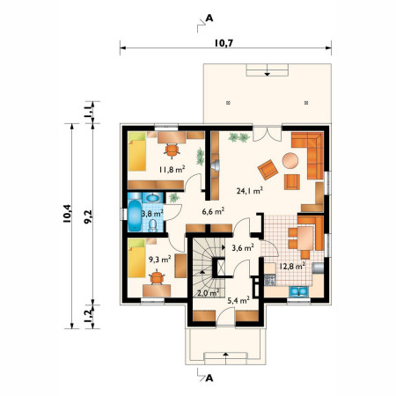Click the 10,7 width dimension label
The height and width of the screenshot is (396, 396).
[224, 43]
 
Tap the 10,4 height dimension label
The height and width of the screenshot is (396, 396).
[67, 214]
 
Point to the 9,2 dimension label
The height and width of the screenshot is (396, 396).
[88, 217]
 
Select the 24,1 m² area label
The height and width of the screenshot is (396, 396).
[249, 191]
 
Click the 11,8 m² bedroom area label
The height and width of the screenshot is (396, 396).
[172, 169]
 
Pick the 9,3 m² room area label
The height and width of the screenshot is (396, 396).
[160, 259]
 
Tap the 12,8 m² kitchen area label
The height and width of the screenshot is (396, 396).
[292, 266]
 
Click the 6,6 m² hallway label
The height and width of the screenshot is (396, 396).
[213, 211]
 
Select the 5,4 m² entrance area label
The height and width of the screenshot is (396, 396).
[238, 300]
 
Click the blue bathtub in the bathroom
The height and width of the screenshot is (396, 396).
[135, 216]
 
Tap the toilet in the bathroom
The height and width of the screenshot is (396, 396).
[152, 225]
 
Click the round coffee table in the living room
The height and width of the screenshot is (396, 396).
[290, 160]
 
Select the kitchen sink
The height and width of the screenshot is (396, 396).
[298, 291]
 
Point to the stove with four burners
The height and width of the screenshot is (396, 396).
[270, 280]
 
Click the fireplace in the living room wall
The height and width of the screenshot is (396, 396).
[216, 165]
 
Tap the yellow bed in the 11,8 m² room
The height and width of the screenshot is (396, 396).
[137, 151]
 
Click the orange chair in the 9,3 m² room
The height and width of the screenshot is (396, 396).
[157, 278]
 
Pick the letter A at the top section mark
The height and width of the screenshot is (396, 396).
[209, 18]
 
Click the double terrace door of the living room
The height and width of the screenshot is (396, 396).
[267, 134]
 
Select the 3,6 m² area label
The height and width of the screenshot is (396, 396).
[243, 248]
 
